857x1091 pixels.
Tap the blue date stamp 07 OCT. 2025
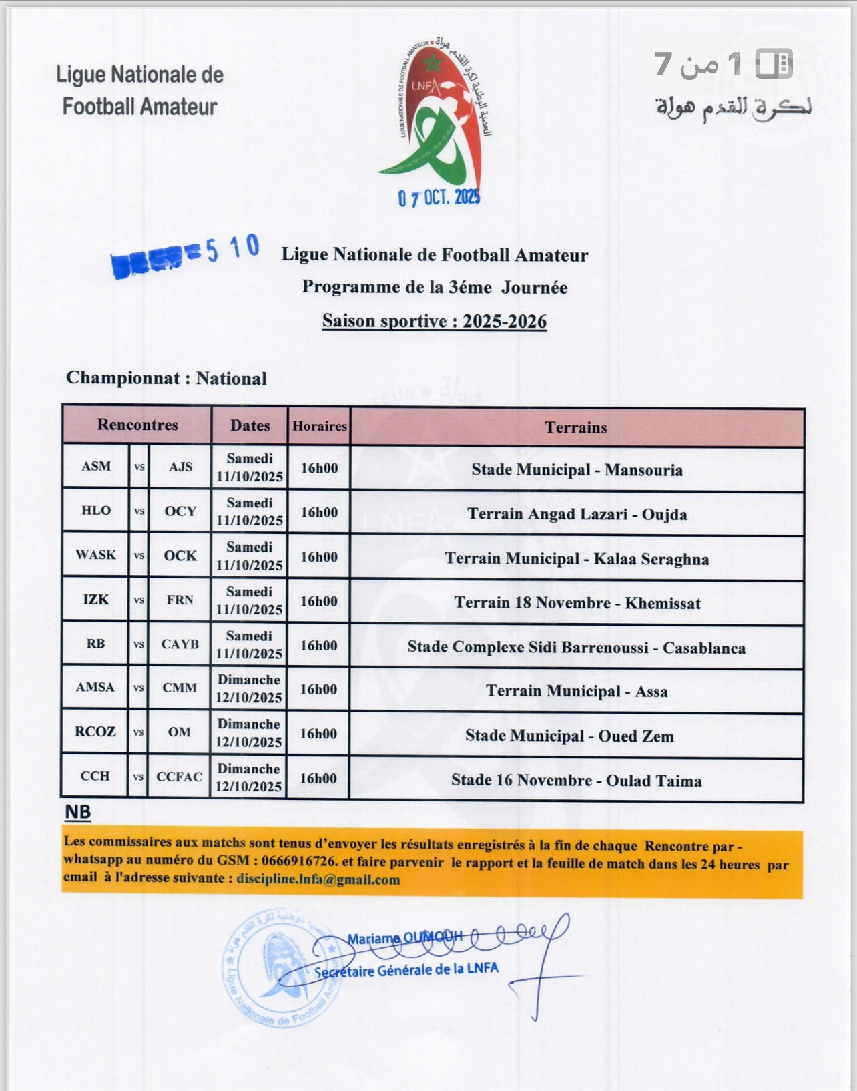[439, 197]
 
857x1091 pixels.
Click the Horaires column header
[320, 426]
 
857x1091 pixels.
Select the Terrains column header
[576, 427]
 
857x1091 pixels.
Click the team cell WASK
[95, 555]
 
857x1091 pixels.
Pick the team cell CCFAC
[180, 777]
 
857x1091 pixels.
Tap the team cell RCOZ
[95, 732]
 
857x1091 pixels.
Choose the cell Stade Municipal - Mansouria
[577, 470]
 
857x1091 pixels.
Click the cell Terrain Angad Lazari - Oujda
[577, 514]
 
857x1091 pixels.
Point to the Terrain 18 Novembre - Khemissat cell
[577, 603]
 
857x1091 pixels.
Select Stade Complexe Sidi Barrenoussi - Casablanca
[577, 648]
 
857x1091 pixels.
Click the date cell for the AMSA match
[249, 689]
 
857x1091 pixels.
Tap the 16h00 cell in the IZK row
[319, 601]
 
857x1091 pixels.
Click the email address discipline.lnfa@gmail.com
[318, 879]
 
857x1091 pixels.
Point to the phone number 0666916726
[300, 862]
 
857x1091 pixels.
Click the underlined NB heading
[78, 813]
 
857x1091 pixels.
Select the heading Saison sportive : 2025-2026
[435, 321]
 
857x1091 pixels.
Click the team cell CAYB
[180, 644]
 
